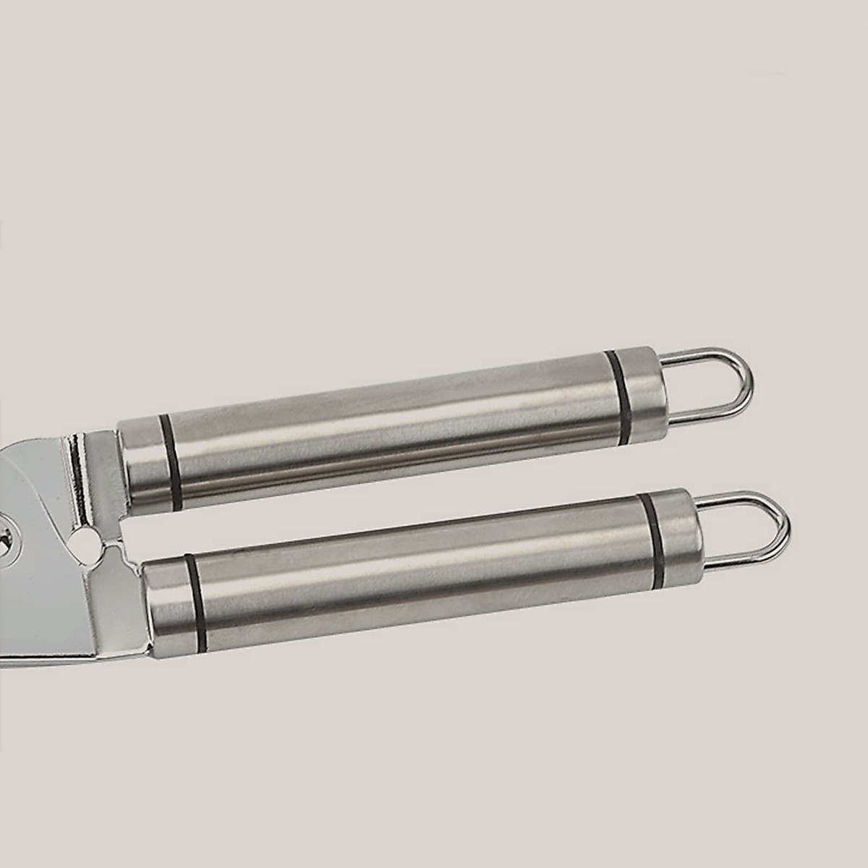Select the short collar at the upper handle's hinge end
click(141, 463)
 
